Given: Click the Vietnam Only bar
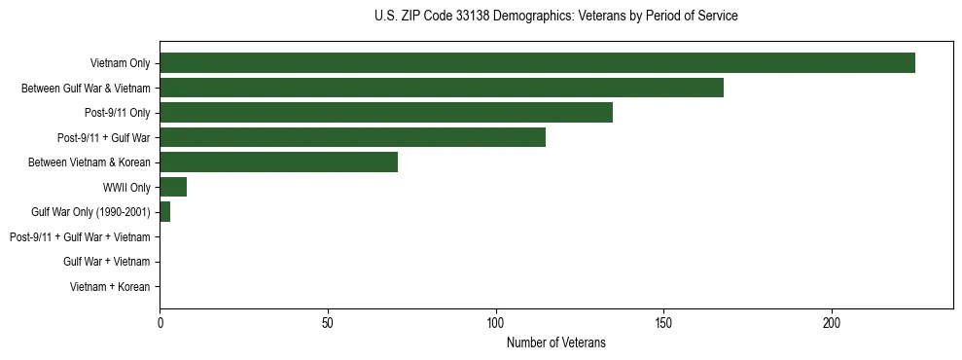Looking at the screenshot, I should coord(537,63).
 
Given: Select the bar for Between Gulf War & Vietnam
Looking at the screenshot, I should coord(442,88).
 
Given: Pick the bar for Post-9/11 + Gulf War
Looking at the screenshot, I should coord(352,137).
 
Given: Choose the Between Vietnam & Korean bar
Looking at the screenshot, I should coord(278,162).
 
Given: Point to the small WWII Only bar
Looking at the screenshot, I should coord(173,187).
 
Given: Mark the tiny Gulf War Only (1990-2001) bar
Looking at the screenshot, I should coord(164,212).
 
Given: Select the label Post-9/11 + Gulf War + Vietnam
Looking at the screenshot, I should coord(80,237).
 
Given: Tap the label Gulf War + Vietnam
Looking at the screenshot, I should coord(107,262).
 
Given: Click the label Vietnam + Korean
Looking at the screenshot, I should coord(110,287).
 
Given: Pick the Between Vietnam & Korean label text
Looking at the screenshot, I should coord(89,162).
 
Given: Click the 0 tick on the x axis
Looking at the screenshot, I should coord(160,322).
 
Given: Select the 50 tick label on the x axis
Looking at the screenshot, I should coord(328,322).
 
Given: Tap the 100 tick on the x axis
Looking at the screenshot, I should coord(496,322).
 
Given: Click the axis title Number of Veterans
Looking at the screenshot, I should coord(555,342).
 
